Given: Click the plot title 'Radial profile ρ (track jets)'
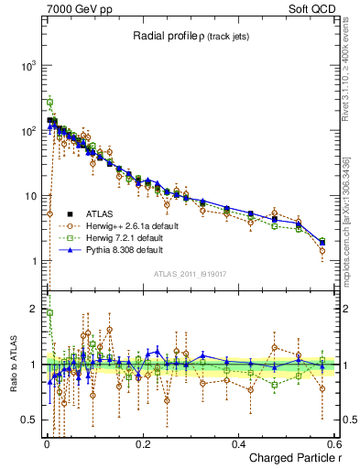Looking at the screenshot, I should click(x=191, y=36).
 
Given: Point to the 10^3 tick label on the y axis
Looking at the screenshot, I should click(x=30, y=67).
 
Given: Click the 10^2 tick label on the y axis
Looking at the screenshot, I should click(x=30, y=132).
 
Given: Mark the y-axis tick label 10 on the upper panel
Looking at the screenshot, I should click(x=33, y=197).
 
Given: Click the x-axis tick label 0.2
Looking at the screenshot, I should click(x=142, y=442).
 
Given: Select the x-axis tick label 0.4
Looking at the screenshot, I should click(x=238, y=442).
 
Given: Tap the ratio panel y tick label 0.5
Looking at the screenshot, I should click(x=31, y=420).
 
